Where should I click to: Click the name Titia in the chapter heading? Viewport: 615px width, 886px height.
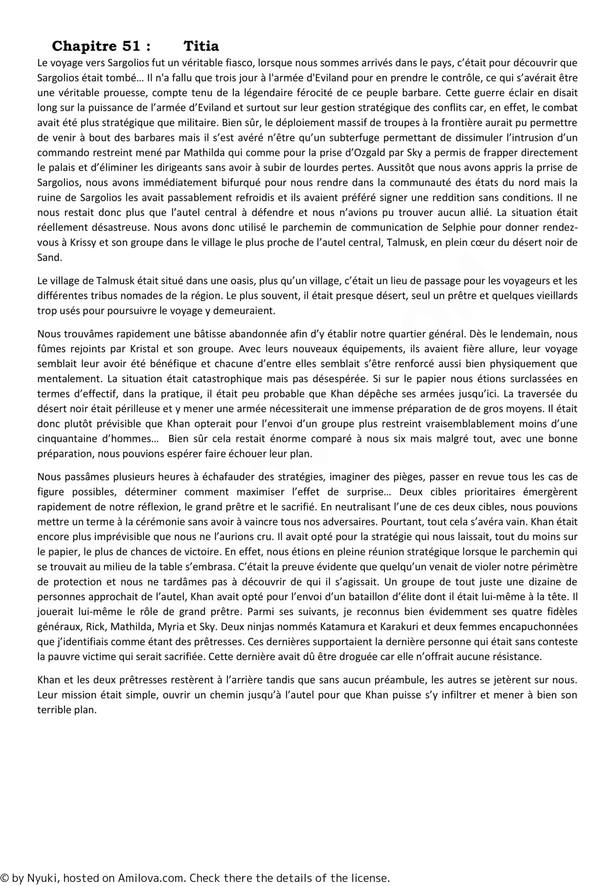point(201,46)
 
